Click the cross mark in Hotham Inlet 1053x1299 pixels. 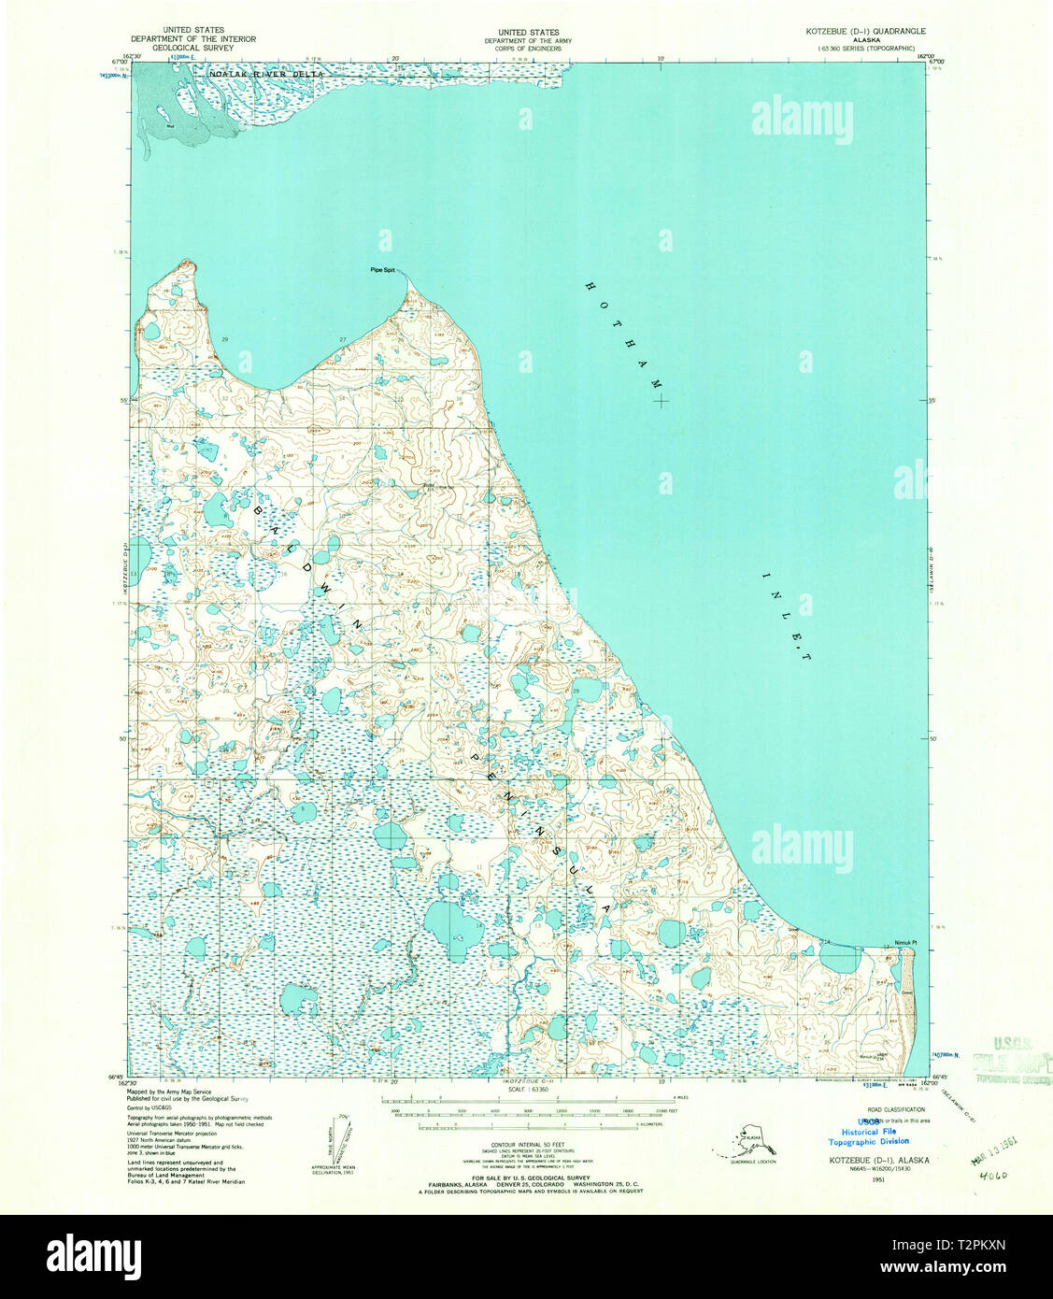(x=662, y=402)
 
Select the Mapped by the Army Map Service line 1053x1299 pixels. (x=169, y=1092)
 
